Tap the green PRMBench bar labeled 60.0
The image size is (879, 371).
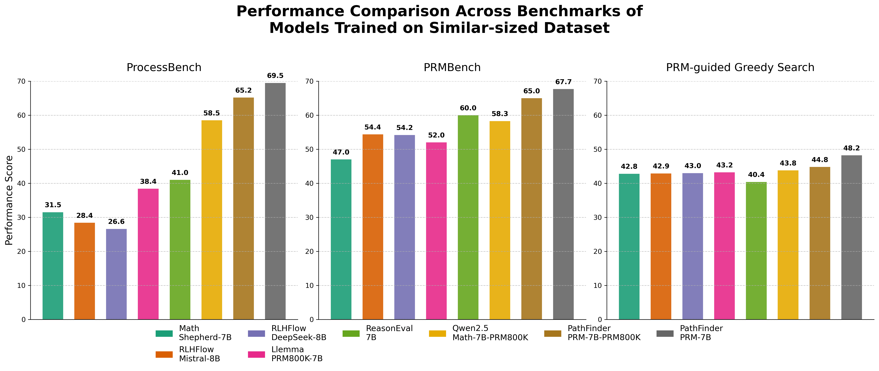[x=468, y=217]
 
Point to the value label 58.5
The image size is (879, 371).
[x=211, y=113]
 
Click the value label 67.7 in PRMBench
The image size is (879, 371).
[x=563, y=82]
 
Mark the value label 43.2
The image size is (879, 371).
[x=724, y=165]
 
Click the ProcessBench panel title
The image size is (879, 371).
[x=164, y=68]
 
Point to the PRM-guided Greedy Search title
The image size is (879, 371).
[x=740, y=68]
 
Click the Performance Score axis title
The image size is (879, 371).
[x=9, y=200]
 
